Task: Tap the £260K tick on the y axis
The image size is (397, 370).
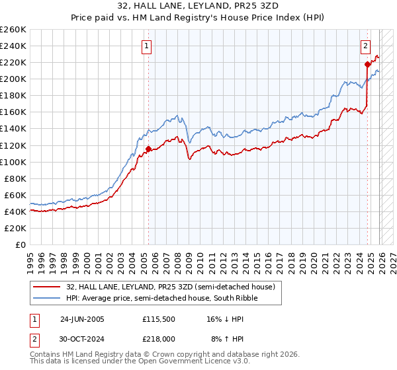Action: point(13,30)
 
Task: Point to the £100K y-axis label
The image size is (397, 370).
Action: point(13,162)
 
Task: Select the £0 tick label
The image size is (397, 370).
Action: point(21,244)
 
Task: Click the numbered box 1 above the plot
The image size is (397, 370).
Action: point(146,46)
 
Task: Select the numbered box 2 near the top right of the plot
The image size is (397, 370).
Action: point(365,46)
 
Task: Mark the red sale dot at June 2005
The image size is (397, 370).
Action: point(148,149)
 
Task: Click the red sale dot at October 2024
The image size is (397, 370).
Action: point(367,64)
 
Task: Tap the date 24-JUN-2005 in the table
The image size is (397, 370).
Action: point(82,319)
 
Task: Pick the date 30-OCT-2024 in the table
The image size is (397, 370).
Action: point(82,338)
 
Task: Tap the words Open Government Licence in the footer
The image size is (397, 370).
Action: point(187,362)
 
